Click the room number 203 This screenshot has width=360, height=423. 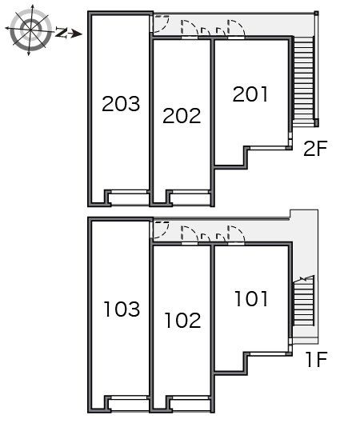pos(121,104)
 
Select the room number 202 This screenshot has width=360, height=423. pos(182,116)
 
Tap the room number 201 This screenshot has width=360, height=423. pos(250,94)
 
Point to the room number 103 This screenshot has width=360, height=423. pos(122,309)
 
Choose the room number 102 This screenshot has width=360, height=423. pos(183,321)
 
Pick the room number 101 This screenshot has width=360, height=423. pos(251,298)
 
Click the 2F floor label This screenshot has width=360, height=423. pos(315,149)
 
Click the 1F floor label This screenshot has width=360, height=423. pos(317,359)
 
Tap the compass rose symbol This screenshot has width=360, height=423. pos(30,29)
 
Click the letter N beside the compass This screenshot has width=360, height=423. pos(62,32)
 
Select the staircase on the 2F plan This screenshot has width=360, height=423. pos(304,81)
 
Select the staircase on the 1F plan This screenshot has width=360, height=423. pos(304,301)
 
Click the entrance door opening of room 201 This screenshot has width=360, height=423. pos(236,38)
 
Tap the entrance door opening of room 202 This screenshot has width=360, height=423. pos(190,38)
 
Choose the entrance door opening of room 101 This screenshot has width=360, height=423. pos(236,244)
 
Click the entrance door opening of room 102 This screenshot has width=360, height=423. pos(190,244)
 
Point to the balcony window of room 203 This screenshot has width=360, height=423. pos(129,192)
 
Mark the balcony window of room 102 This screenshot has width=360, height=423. pos(190,397)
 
